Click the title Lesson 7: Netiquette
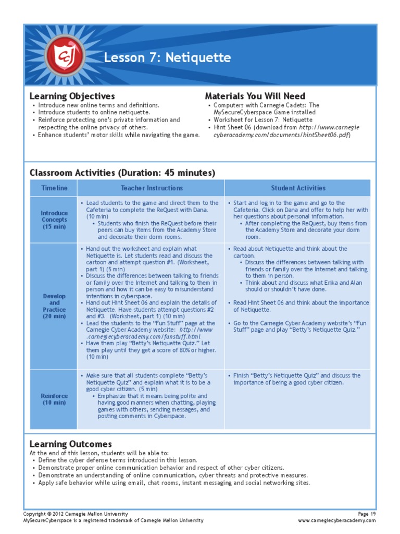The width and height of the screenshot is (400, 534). [x=167, y=57]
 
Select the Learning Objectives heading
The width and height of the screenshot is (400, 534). [x=72, y=96]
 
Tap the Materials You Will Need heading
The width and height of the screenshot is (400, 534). [x=255, y=96]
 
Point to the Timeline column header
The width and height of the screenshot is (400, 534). [x=54, y=188]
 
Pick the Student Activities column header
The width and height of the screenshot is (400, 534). [x=298, y=188]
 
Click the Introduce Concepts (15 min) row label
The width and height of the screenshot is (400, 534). [x=54, y=220]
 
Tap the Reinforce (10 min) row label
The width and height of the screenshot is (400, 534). [x=54, y=399]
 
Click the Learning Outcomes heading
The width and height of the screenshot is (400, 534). [x=70, y=444]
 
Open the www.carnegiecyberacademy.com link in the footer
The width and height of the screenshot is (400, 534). [x=337, y=520]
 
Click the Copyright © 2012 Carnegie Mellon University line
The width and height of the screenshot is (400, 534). [x=76, y=514]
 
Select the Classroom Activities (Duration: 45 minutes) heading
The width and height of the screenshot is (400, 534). [x=122, y=173]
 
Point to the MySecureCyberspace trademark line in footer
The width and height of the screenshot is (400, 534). [x=113, y=520]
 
